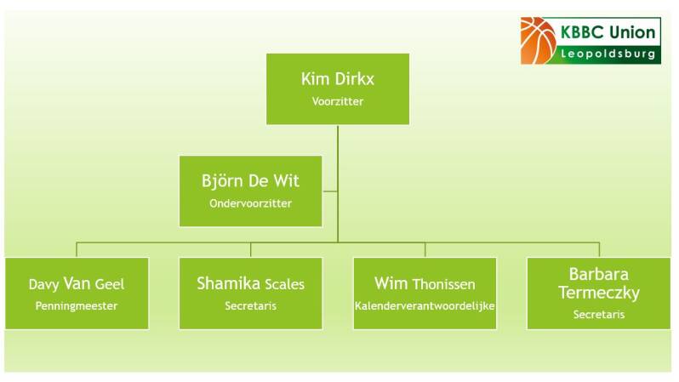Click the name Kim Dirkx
(x=337, y=79)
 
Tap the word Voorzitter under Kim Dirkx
(x=337, y=101)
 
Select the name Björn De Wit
(x=250, y=180)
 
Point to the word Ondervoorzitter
(x=250, y=203)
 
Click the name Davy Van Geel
(x=77, y=283)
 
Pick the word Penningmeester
(x=77, y=305)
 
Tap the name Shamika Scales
(x=250, y=283)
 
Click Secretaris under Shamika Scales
(x=250, y=305)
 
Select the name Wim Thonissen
(x=425, y=283)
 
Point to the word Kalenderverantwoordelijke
(x=425, y=305)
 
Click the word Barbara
(x=598, y=274)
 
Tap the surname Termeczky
(x=598, y=294)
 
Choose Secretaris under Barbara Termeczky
(x=598, y=314)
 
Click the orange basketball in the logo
(x=538, y=41)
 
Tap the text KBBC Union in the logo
(x=608, y=32)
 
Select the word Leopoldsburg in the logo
(x=608, y=54)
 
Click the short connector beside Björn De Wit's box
(x=330, y=191)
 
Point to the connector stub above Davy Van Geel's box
(x=77, y=250)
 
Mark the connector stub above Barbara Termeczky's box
(x=599, y=250)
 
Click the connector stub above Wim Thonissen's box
(x=425, y=250)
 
